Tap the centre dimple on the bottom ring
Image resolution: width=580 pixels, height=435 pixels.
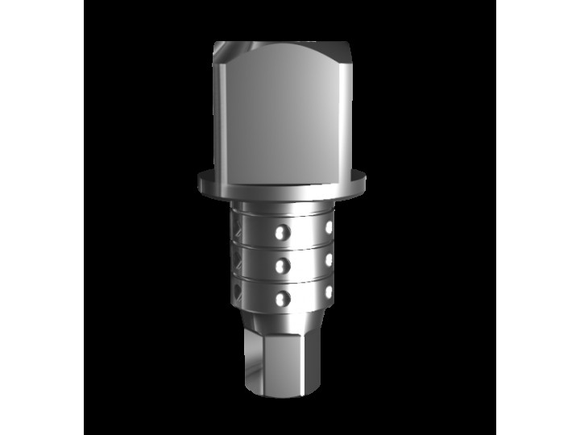point(280,298)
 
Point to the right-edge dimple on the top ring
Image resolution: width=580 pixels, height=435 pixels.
point(329,230)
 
